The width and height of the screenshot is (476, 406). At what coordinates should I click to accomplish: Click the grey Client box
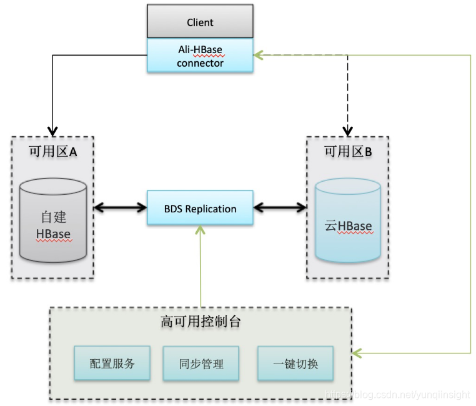tap(200, 22)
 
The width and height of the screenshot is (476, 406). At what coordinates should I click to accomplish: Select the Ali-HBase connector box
tap(200, 56)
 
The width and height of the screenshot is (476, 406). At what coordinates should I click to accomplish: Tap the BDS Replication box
tap(200, 209)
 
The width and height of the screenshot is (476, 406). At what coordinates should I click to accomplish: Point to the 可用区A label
tap(53, 152)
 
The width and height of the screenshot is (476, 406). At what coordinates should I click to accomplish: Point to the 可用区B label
tap(348, 152)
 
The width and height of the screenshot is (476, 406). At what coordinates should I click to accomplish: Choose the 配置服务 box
tap(112, 363)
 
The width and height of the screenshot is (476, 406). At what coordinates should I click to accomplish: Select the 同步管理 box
tap(201, 363)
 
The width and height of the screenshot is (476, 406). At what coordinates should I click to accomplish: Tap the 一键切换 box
tap(295, 363)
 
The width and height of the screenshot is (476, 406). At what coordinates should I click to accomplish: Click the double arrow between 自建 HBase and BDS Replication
tap(120, 209)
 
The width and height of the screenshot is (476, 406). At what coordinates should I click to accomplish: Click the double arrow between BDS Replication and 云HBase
tap(279, 209)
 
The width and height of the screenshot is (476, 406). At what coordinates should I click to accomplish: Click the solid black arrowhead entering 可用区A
tap(52, 131)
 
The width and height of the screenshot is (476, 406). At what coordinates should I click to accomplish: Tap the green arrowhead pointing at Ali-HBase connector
tap(259, 56)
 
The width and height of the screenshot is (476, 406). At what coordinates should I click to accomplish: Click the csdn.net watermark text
tap(400, 395)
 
